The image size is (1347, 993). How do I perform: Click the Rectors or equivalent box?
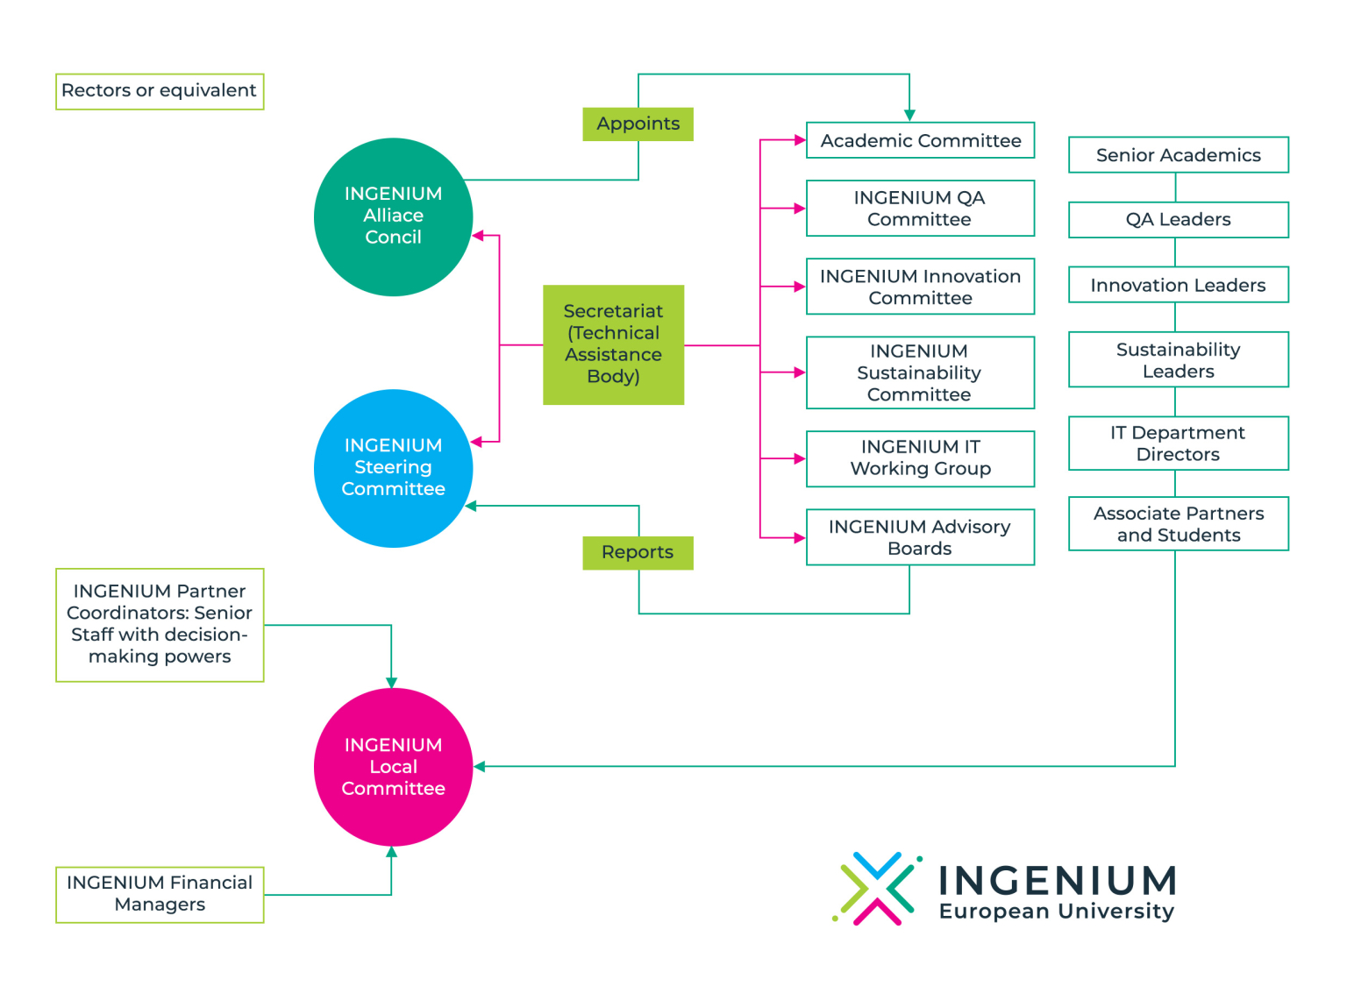point(160,91)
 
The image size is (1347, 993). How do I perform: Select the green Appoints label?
point(638,124)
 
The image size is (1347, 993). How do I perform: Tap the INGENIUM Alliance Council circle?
point(393,216)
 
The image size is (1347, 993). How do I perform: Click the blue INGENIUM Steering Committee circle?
point(393,468)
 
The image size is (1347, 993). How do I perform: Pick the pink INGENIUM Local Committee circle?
point(393,767)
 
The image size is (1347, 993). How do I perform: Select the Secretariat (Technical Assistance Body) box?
point(613,344)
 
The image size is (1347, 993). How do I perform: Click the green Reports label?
point(638,552)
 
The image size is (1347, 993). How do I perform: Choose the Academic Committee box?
point(920,140)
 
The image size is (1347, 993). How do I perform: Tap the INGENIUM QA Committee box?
point(920,209)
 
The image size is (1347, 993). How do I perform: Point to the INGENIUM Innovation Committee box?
point(920,287)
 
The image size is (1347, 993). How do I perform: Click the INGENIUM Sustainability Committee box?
point(920,372)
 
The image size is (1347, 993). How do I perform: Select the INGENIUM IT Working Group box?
point(920,458)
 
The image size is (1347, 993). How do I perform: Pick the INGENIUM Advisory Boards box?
point(920,537)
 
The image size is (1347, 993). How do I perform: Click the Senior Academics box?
point(1178,155)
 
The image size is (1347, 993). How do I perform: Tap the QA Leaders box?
point(1178,220)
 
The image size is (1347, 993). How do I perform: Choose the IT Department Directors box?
point(1178,443)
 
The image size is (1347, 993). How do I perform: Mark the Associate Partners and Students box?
point(1178,524)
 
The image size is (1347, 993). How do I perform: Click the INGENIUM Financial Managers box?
point(160,894)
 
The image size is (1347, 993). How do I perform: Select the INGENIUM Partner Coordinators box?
point(160,625)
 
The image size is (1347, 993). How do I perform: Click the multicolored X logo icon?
point(876,889)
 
